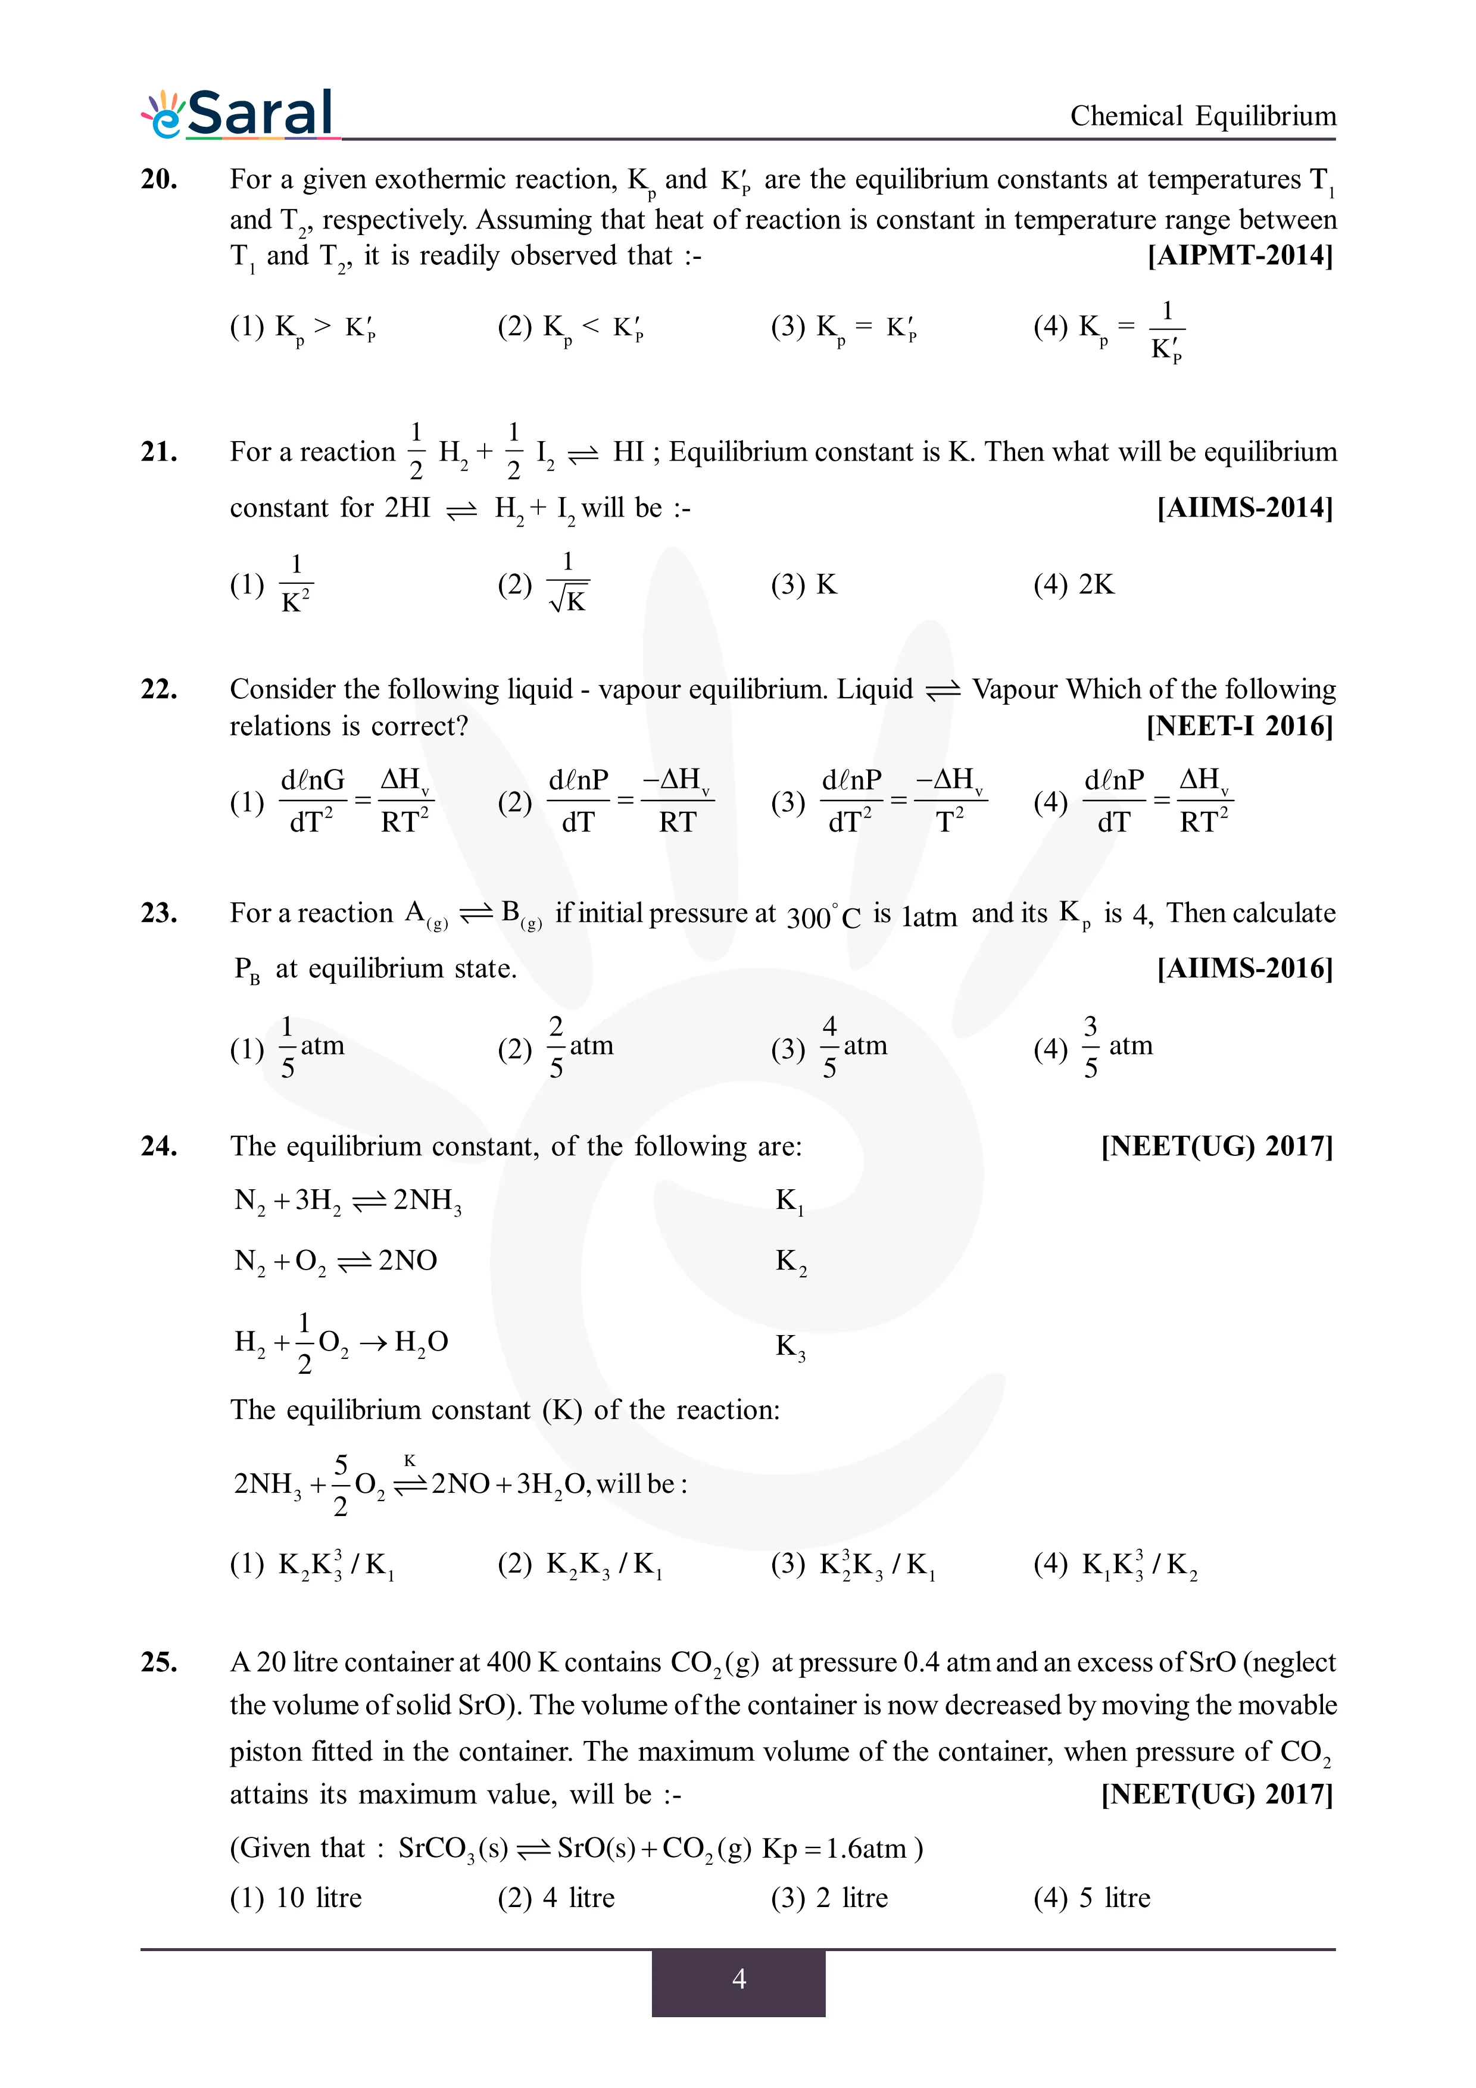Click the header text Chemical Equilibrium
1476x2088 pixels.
coord(1202,117)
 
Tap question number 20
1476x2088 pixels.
coord(159,179)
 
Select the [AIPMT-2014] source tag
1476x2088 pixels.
coord(1240,255)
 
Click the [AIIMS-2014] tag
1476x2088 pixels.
coord(1244,508)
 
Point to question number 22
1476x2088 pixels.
coord(159,689)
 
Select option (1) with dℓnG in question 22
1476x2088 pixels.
coord(332,801)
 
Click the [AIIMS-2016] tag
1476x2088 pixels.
coord(1244,968)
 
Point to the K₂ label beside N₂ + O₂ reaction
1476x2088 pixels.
coord(790,1262)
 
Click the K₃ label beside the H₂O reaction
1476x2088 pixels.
coord(790,1346)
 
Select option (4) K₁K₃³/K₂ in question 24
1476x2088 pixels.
coord(1116,1564)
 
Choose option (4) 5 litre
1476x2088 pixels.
coord(1092,1898)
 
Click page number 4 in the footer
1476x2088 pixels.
coord(738,1979)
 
